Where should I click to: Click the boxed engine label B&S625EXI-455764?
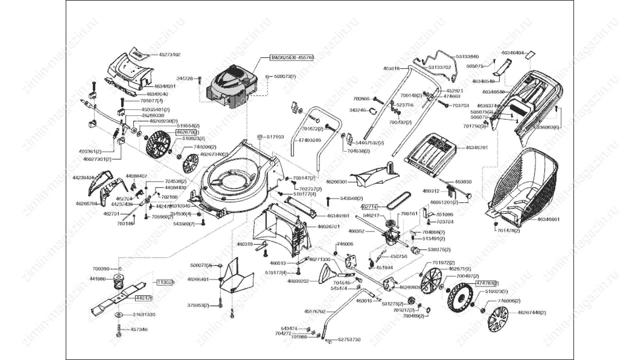point(292,57)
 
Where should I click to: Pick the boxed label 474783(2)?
point(487,283)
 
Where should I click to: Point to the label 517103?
point(275,137)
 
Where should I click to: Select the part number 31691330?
point(144,315)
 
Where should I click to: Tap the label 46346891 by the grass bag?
point(548,219)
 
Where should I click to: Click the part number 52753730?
point(349,340)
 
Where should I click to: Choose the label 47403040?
point(309,140)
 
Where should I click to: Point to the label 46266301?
point(336,182)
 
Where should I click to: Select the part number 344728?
point(185,79)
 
